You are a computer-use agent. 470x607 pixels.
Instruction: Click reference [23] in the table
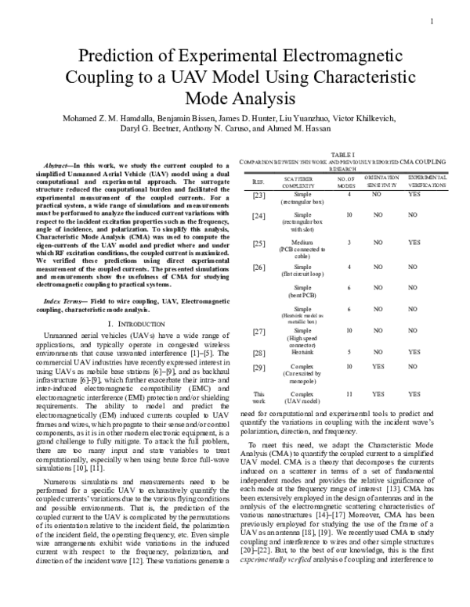(259, 195)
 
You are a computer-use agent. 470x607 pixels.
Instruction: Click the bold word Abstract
(60, 166)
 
